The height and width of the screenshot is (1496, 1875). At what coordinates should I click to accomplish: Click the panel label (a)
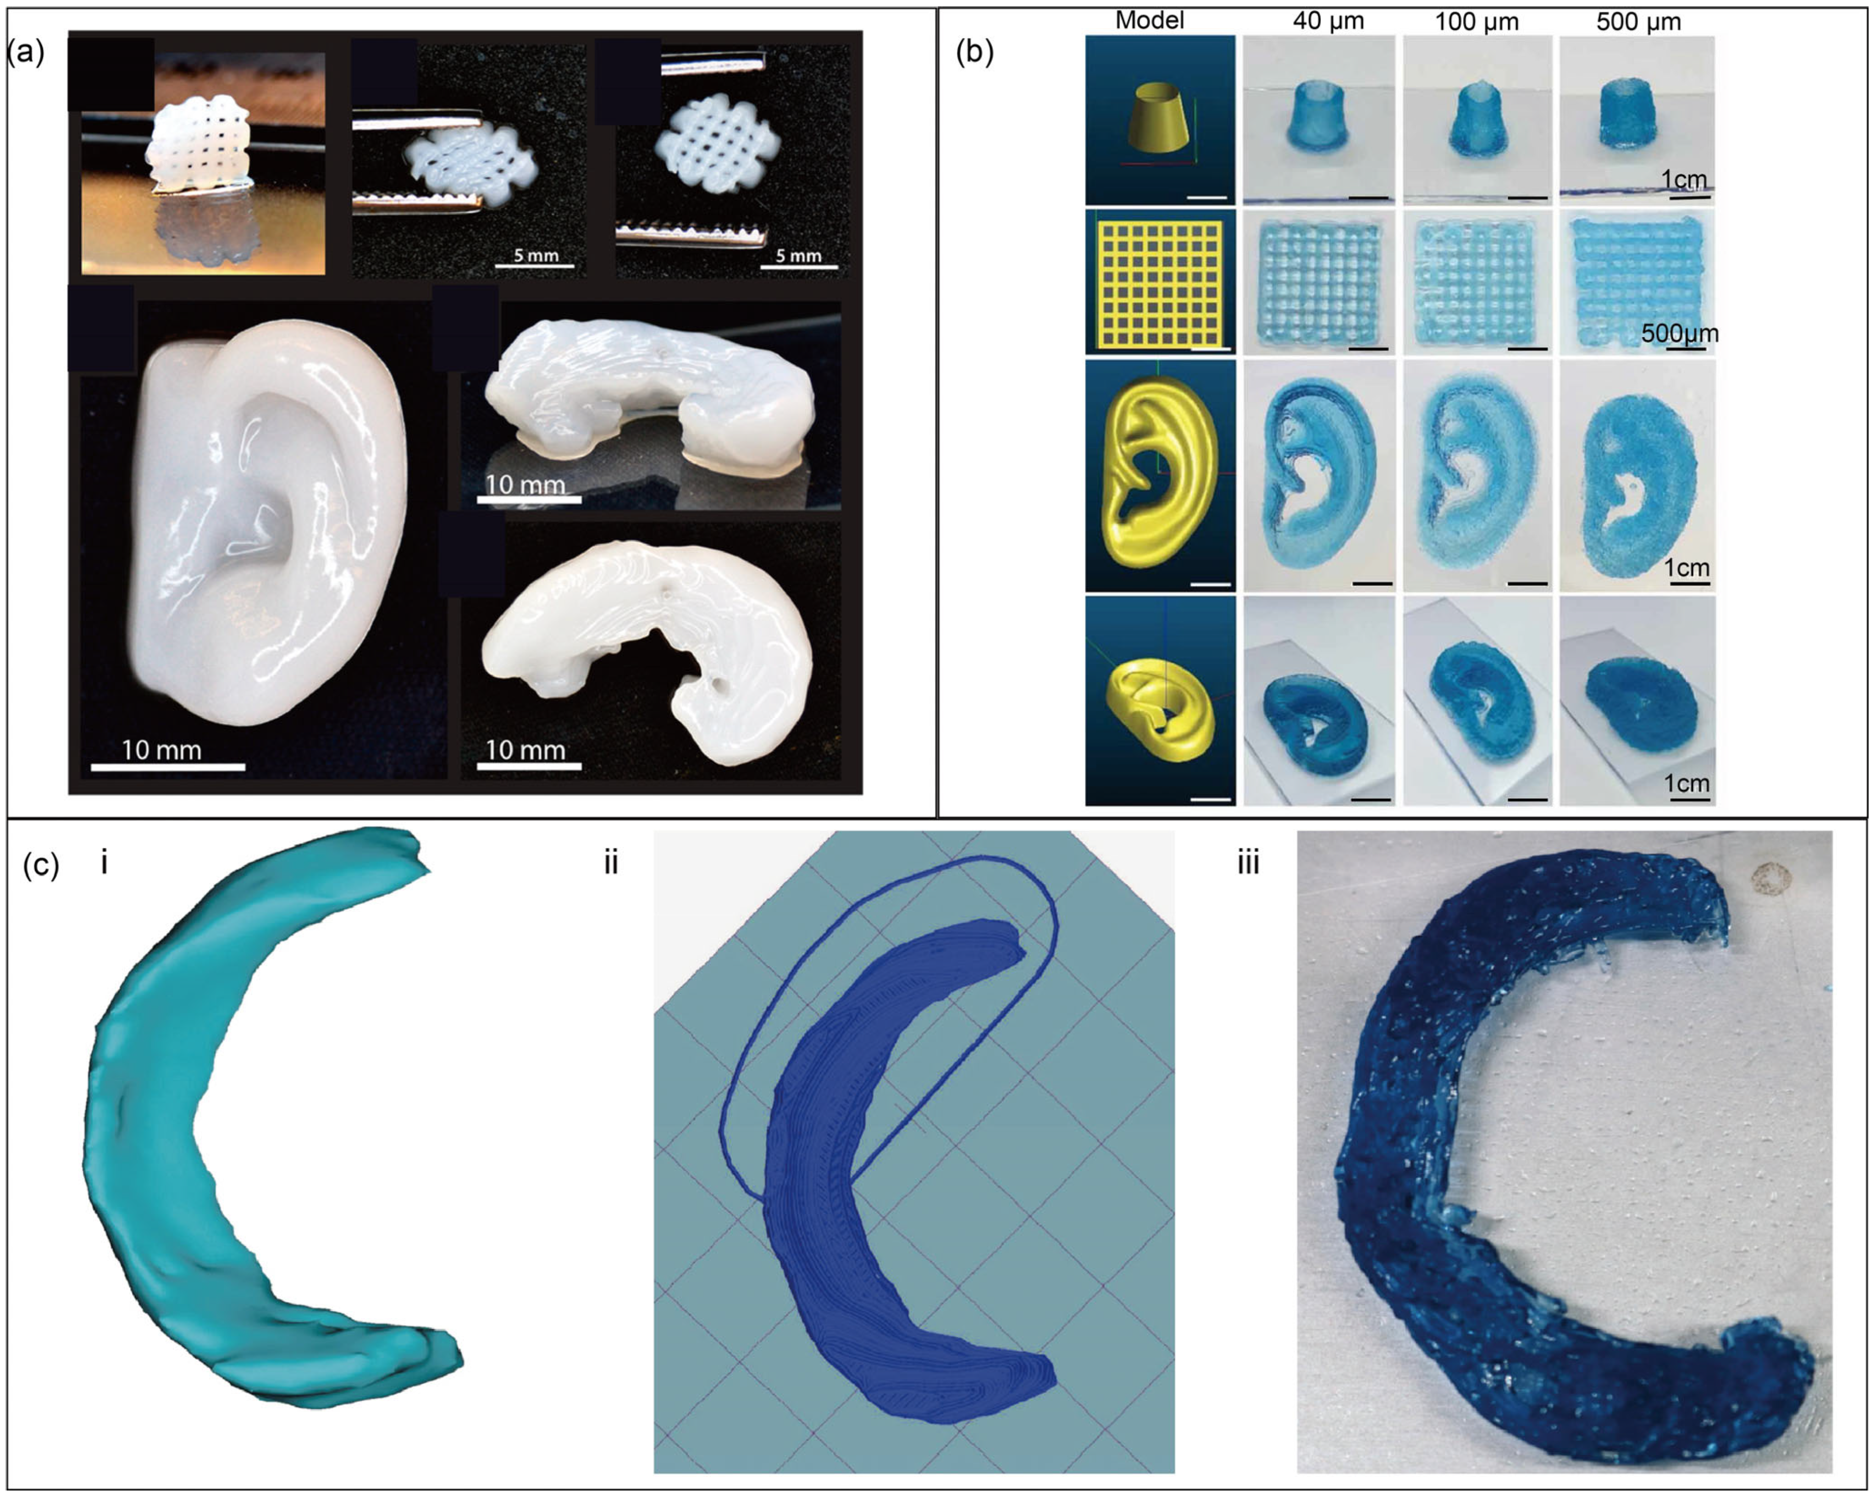tap(26, 52)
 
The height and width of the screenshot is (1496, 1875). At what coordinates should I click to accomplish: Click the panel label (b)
tap(974, 52)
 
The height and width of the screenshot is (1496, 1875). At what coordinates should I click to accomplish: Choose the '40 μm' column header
tap(1328, 21)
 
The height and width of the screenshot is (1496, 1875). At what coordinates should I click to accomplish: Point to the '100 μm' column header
tap(1477, 21)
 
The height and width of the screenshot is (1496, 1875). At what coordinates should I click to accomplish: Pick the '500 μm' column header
tap(1638, 21)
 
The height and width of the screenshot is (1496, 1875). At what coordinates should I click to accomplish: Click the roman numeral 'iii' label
tap(1248, 864)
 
